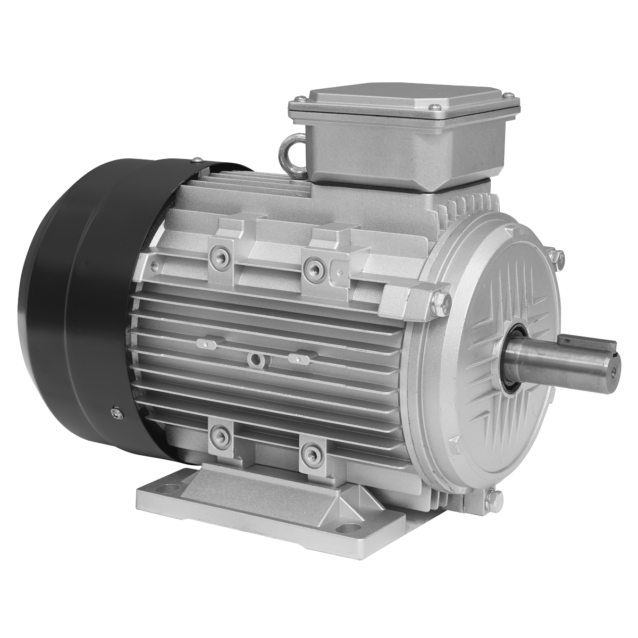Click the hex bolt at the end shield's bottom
[492, 497]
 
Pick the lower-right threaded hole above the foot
[309, 453]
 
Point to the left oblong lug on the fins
[207, 344]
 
